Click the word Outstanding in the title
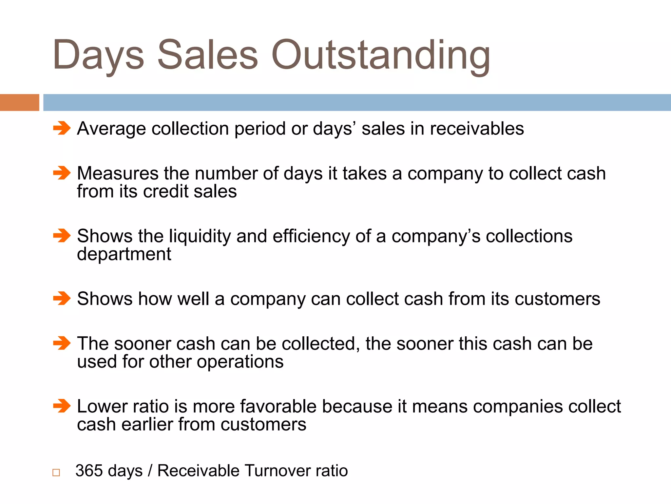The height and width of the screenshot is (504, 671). (x=381, y=56)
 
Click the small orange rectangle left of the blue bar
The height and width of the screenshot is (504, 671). (x=19, y=102)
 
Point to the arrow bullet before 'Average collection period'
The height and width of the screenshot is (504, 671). (x=62, y=128)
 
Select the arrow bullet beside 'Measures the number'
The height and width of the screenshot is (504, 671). (x=62, y=173)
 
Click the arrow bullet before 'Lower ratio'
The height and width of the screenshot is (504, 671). (x=62, y=406)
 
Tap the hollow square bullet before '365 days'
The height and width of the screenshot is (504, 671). (x=56, y=472)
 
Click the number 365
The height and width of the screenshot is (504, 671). (x=89, y=471)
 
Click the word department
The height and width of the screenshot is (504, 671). (x=124, y=254)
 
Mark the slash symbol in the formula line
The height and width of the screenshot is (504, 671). (x=150, y=471)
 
